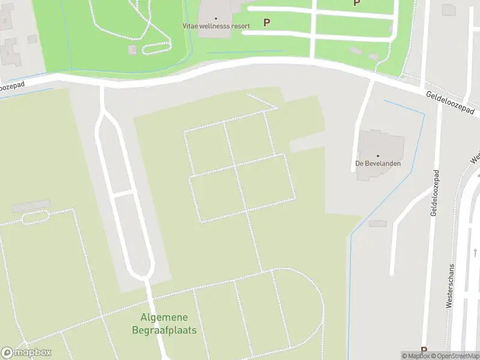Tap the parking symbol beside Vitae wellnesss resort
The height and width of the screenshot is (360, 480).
[266, 22]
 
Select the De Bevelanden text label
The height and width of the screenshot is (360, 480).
[378, 163]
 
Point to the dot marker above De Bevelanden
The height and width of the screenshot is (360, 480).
[378, 155]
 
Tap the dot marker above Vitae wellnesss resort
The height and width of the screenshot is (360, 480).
[216, 18]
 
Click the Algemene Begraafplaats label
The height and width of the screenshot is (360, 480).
[164, 323]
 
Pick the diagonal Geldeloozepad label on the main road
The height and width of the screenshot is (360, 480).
[450, 103]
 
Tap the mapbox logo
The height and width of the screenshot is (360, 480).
[26, 353]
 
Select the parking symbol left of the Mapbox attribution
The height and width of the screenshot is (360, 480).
[424, 350]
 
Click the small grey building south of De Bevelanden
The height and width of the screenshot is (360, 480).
[378, 223]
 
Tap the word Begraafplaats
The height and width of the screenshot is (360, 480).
[164, 330]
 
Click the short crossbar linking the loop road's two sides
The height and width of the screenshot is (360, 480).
[122, 194]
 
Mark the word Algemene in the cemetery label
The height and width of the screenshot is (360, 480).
[164, 317]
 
